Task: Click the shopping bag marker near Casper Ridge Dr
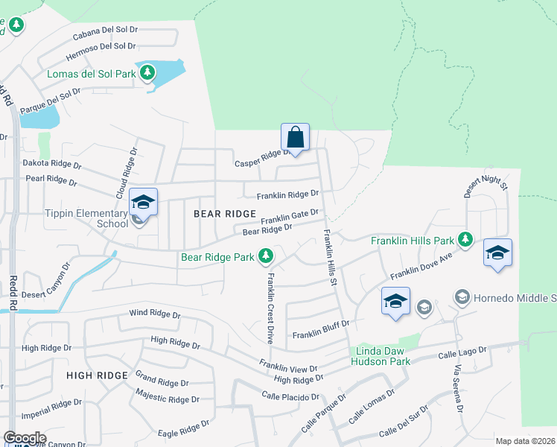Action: coord(295,138)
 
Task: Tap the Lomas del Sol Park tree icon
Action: coord(148,72)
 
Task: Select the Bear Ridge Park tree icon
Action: coord(266,257)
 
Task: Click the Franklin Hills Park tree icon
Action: coord(466,239)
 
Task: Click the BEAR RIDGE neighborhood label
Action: coord(225,213)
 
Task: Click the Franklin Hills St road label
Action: coord(329,257)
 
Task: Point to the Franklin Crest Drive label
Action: coord(270,307)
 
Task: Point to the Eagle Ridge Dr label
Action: coord(179,431)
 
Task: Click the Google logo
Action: coord(25,438)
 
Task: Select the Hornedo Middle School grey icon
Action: coord(462,298)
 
